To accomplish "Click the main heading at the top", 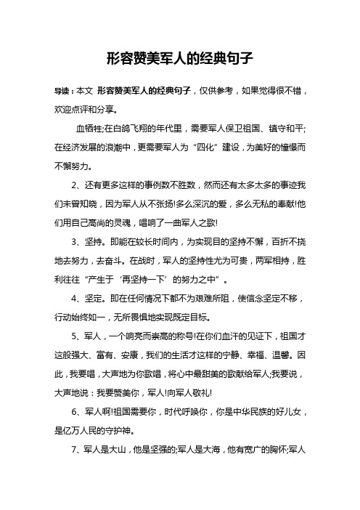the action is (179, 57).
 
